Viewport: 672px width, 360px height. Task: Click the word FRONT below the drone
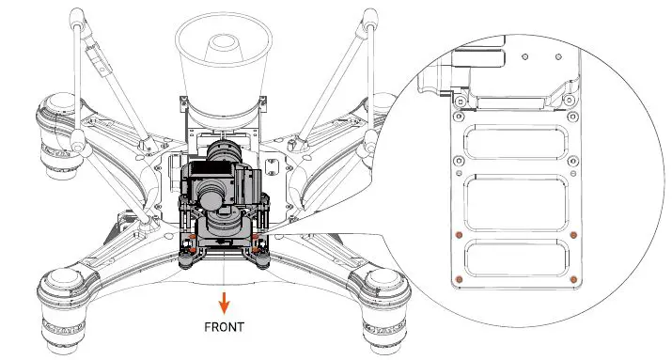point(224,328)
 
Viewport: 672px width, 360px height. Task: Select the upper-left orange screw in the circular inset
point(458,235)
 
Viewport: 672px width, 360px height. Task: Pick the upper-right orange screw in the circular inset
point(573,235)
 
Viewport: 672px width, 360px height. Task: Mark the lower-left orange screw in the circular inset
point(458,279)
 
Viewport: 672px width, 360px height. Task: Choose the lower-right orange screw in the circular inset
point(573,279)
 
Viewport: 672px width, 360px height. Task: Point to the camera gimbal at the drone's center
point(223,193)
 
